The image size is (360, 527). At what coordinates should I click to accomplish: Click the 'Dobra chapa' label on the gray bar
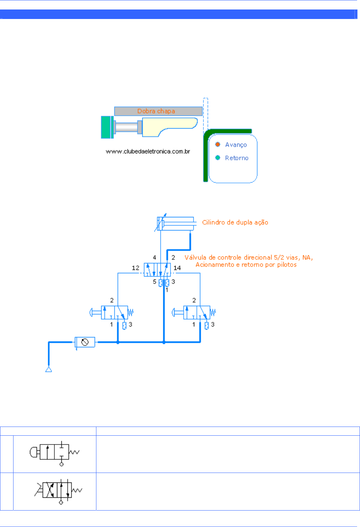pos(156,111)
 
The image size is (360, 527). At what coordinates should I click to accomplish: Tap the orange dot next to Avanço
pos(218,144)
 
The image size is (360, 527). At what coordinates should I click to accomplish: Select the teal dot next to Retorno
pos(218,157)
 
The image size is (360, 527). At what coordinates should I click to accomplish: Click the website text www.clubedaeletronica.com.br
pos(148,151)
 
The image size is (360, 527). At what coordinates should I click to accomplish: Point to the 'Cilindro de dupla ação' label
pos(235,222)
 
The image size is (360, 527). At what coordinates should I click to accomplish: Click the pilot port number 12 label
pos(135,268)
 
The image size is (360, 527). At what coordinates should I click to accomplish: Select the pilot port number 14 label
pos(177,268)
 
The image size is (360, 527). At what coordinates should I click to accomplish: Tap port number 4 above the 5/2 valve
pos(154,257)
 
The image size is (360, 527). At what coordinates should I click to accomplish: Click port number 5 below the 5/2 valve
pos(154,282)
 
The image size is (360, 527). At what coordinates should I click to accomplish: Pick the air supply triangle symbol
pos(49,370)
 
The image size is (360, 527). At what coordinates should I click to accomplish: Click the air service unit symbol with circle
pos(85,342)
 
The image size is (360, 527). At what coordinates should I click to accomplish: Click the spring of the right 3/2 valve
pos(213,313)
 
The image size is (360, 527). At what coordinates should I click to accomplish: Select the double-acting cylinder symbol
pos(175,224)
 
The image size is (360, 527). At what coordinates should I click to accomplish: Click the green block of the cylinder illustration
pos(106,127)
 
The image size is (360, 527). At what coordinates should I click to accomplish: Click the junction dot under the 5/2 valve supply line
pos(164,342)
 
